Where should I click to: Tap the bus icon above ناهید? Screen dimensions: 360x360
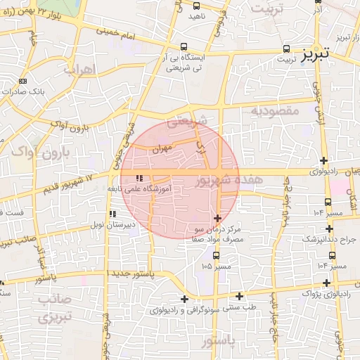tap(195, 6)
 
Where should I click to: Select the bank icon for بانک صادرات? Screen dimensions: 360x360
tap(23, 82)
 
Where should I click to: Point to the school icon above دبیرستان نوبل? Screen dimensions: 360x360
tap(112, 214)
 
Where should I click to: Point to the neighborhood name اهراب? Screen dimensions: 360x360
tap(79, 70)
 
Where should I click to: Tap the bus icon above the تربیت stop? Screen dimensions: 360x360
tap(285, 49)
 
